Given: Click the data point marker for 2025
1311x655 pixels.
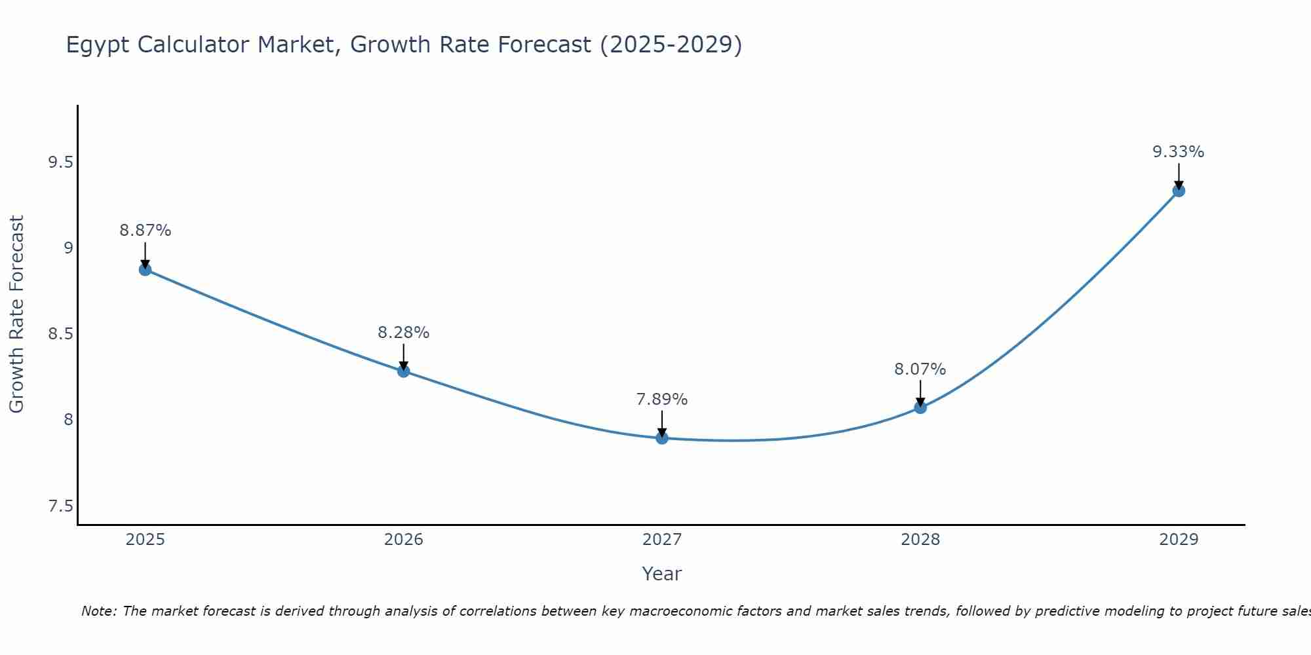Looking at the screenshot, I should point(146,270).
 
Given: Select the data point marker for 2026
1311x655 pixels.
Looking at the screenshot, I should point(404,371).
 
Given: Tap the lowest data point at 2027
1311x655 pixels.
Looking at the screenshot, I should point(662,438).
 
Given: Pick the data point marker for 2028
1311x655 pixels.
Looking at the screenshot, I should point(920,407).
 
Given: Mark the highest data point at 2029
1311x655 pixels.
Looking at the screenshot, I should point(1179,191).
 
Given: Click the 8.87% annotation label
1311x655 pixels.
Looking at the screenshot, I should point(146,231).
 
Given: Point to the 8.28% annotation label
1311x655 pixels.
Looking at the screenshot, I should point(404,333).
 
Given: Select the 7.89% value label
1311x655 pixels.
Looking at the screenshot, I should point(662,400).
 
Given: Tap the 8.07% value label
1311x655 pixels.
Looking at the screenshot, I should point(920,369).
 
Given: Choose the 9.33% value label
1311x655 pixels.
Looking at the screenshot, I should point(1179,152).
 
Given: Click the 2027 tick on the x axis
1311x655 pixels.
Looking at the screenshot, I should point(662,540).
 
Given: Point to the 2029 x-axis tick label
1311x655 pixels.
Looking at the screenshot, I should point(1179,540).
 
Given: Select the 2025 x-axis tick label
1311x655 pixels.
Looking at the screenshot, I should point(146,540).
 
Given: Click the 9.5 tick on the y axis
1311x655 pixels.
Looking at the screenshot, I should point(60,162).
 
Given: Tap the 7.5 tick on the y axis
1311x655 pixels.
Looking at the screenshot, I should point(60,506).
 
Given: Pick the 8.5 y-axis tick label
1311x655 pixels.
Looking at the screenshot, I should point(60,334).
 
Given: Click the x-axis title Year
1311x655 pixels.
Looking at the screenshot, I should point(662,574).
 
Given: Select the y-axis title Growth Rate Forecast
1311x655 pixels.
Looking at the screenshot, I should point(17,314).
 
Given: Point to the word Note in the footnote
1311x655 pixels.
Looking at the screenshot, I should point(99,611).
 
